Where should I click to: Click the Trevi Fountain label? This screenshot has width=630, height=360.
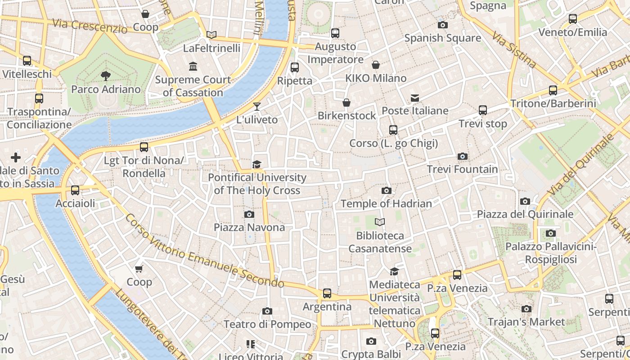point(462,170)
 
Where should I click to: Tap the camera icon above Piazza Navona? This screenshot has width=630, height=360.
point(249,215)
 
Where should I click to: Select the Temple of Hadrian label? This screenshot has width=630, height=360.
point(386,204)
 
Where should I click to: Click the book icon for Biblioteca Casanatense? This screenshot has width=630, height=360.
point(380,222)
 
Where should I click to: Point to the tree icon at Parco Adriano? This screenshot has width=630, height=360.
point(106,76)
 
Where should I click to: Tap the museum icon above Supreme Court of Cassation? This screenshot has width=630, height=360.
point(193,67)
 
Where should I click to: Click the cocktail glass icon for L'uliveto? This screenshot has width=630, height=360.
point(257,107)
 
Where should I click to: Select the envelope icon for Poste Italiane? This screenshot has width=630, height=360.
point(414,98)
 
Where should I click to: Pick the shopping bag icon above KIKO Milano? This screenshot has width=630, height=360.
point(376,65)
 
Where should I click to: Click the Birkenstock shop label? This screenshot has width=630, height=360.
point(346,116)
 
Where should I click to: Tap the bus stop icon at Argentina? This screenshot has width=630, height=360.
point(327,293)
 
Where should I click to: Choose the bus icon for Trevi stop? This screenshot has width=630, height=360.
point(483,110)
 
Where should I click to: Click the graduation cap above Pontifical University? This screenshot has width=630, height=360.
point(256,164)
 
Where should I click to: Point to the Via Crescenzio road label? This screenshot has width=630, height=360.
point(90,26)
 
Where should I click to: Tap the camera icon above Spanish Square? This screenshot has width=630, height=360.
point(442,25)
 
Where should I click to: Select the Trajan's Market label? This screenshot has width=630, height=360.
point(526,322)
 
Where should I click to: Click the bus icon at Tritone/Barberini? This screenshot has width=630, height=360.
point(553,90)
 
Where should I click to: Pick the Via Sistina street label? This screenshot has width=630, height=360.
point(513,49)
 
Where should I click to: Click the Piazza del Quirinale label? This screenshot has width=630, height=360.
point(525,214)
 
